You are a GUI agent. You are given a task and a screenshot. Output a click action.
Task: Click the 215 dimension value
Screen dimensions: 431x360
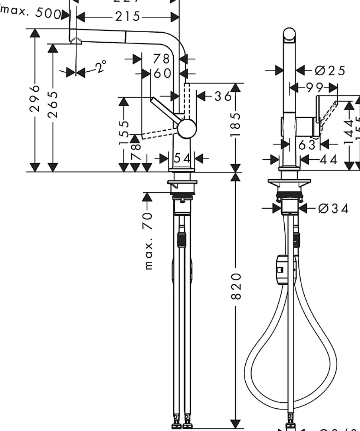pos(128,17)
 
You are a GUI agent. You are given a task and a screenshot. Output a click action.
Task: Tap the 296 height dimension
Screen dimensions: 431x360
pos(35,98)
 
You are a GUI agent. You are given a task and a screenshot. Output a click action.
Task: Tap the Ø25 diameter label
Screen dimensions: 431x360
pos(330,70)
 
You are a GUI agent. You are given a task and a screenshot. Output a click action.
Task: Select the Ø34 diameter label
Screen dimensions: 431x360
pos(333,209)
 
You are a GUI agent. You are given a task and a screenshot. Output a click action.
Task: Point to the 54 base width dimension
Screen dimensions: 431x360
pos(182,159)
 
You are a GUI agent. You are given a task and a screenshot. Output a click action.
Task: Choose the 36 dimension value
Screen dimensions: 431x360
pos(223,96)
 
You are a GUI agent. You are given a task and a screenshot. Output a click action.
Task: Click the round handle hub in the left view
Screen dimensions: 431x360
pos(186,128)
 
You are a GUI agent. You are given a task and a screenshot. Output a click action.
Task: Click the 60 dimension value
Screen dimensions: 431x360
pos(163,74)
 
